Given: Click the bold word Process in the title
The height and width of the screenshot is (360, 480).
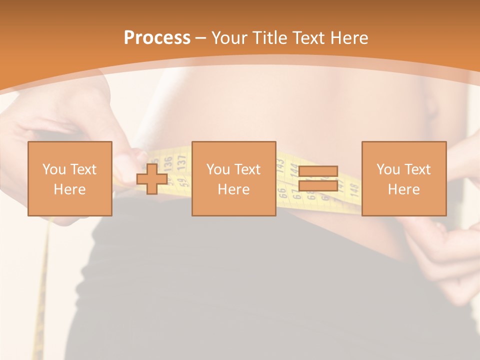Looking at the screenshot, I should [x=157, y=38].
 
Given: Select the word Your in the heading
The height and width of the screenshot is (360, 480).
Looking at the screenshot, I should [x=230, y=38].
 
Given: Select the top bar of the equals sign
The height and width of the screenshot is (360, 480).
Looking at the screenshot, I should [x=318, y=171].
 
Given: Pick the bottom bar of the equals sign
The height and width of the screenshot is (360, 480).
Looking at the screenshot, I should [x=318, y=185].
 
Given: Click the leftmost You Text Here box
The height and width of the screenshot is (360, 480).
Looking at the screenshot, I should [x=70, y=178].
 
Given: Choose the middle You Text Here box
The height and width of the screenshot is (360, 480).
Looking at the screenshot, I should [x=233, y=178].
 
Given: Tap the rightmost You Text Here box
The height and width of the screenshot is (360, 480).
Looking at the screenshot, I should [x=404, y=178].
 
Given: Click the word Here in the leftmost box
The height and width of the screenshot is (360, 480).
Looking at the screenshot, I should [x=70, y=189].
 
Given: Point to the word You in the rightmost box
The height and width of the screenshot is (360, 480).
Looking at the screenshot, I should [x=387, y=169].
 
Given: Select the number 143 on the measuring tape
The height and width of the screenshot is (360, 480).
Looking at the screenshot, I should [x=281, y=164].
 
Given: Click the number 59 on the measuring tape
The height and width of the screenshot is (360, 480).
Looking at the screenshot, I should [x=183, y=177].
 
